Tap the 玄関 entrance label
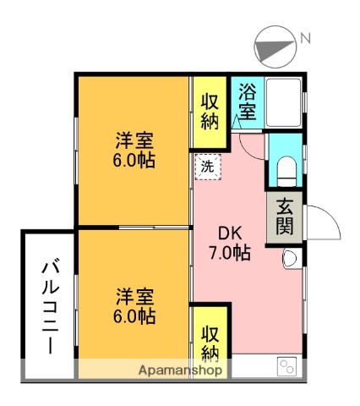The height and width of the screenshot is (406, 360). coord(282,217)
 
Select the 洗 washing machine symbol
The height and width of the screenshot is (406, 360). coord(206,167)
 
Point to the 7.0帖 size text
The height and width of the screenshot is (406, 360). coord(230,253)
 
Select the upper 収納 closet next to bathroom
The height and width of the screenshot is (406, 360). coord(210,110)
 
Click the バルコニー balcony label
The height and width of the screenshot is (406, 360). coord(48,306)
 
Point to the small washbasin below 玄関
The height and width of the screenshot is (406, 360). coord(291,259)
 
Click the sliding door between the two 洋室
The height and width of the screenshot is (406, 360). coord(152,227)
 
